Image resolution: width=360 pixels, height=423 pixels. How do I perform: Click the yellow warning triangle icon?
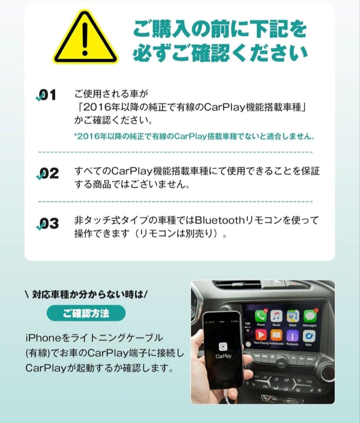pos(85,39)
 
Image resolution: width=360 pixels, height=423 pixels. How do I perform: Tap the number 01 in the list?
pos(48,95)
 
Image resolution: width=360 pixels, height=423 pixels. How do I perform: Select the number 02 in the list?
pos(48,173)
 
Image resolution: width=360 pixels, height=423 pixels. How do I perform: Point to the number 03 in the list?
pos(48,224)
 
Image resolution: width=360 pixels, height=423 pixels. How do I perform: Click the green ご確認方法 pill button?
pos(86,313)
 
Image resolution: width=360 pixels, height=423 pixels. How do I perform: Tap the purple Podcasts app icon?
pos(292,335)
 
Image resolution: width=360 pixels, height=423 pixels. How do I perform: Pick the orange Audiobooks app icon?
pos(276,335)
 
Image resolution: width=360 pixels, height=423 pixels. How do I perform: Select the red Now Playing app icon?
pos(261,335)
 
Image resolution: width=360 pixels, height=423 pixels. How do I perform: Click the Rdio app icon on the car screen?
pos(309,335)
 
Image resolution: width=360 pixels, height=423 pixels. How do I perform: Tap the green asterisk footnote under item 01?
pos(194,137)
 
